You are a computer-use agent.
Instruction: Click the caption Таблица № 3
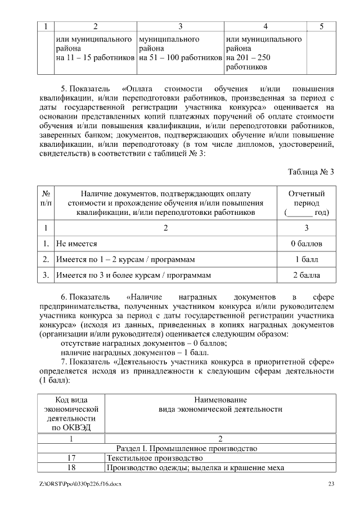[x=311, y=172]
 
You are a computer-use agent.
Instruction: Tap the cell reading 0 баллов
[x=307, y=244]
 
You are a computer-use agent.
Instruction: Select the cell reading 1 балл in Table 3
[x=307, y=260]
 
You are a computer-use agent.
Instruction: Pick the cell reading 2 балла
[x=307, y=276]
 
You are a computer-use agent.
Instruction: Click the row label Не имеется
[x=77, y=244]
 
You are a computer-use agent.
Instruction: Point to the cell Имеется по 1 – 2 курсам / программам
[x=125, y=260]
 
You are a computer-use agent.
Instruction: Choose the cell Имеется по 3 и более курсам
[x=133, y=276]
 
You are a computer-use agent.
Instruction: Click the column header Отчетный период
[x=307, y=203]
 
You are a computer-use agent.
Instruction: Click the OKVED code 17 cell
[x=71, y=458]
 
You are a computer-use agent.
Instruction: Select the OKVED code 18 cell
[x=71, y=468]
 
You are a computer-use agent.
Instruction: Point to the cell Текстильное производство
[x=147, y=458]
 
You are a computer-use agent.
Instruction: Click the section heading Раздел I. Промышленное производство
[x=186, y=448]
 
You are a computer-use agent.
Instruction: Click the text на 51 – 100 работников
[x=180, y=57]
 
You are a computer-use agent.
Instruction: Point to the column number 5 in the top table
[x=321, y=26]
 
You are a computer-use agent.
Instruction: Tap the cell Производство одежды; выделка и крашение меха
[x=195, y=468]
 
